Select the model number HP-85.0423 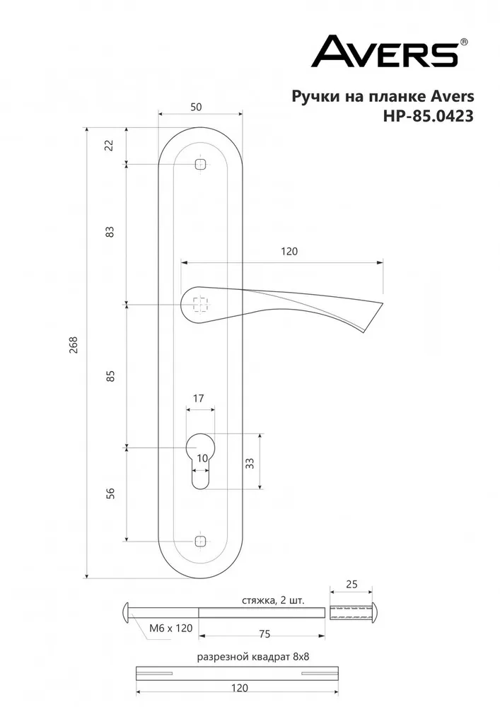click(428, 117)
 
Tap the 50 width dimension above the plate click(196, 107)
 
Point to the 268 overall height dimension click(74, 345)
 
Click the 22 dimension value click(110, 145)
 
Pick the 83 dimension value click(110, 231)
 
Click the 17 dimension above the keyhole click(199, 398)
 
